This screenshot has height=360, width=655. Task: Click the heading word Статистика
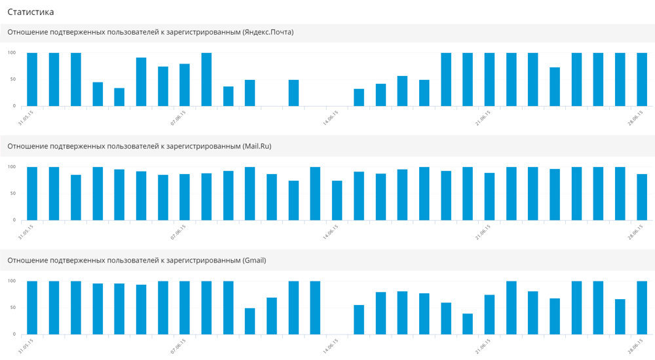point(31,12)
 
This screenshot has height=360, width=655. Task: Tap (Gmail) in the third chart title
point(254,261)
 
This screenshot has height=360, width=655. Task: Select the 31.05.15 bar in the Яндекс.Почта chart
point(32,79)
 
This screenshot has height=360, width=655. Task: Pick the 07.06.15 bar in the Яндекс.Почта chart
point(185,85)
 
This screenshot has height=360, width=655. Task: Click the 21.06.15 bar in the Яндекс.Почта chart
point(489,79)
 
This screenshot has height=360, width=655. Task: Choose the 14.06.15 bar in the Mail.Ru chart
point(337,200)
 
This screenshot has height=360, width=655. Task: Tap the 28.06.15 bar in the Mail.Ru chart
point(642,197)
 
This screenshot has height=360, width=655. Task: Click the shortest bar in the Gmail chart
point(468,324)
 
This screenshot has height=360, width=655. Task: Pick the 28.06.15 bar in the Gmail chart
point(642,308)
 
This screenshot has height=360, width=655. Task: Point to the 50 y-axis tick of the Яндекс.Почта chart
point(12,80)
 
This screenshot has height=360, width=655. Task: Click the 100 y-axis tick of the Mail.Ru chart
point(12,167)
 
